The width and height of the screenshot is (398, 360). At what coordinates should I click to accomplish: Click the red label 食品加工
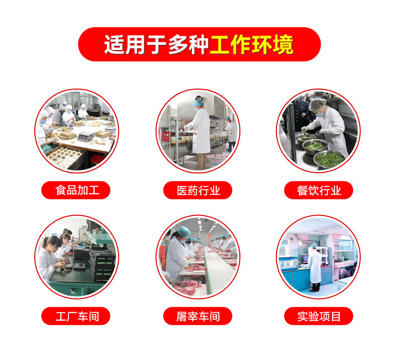(76, 190)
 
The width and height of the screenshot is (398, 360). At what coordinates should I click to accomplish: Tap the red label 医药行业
(197, 190)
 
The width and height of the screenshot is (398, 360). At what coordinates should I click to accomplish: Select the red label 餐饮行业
(318, 190)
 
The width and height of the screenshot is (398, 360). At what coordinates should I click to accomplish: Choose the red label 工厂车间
(76, 316)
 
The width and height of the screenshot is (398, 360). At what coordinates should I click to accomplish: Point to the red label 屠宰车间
(197, 316)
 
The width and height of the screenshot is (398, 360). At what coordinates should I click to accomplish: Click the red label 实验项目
(318, 316)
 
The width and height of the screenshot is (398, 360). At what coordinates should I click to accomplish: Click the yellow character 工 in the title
(220, 45)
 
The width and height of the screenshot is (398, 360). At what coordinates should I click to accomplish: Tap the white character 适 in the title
(114, 45)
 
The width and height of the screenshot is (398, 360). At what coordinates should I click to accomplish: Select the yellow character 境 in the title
(283, 45)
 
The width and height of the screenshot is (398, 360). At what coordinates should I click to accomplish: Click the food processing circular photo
(77, 131)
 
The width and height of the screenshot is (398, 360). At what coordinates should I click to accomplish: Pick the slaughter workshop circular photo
(198, 257)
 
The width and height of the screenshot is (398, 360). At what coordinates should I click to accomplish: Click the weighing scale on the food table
(86, 136)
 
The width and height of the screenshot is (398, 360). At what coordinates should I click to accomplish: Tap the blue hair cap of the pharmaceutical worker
(198, 103)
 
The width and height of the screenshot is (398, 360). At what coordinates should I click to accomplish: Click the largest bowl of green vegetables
(329, 159)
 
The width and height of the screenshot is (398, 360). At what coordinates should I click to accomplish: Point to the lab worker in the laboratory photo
(314, 268)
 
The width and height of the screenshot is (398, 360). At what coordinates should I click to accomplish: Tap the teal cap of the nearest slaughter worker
(184, 232)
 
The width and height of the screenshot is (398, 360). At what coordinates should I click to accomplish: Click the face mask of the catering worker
(319, 114)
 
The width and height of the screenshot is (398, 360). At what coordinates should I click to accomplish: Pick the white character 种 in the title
(198, 45)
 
